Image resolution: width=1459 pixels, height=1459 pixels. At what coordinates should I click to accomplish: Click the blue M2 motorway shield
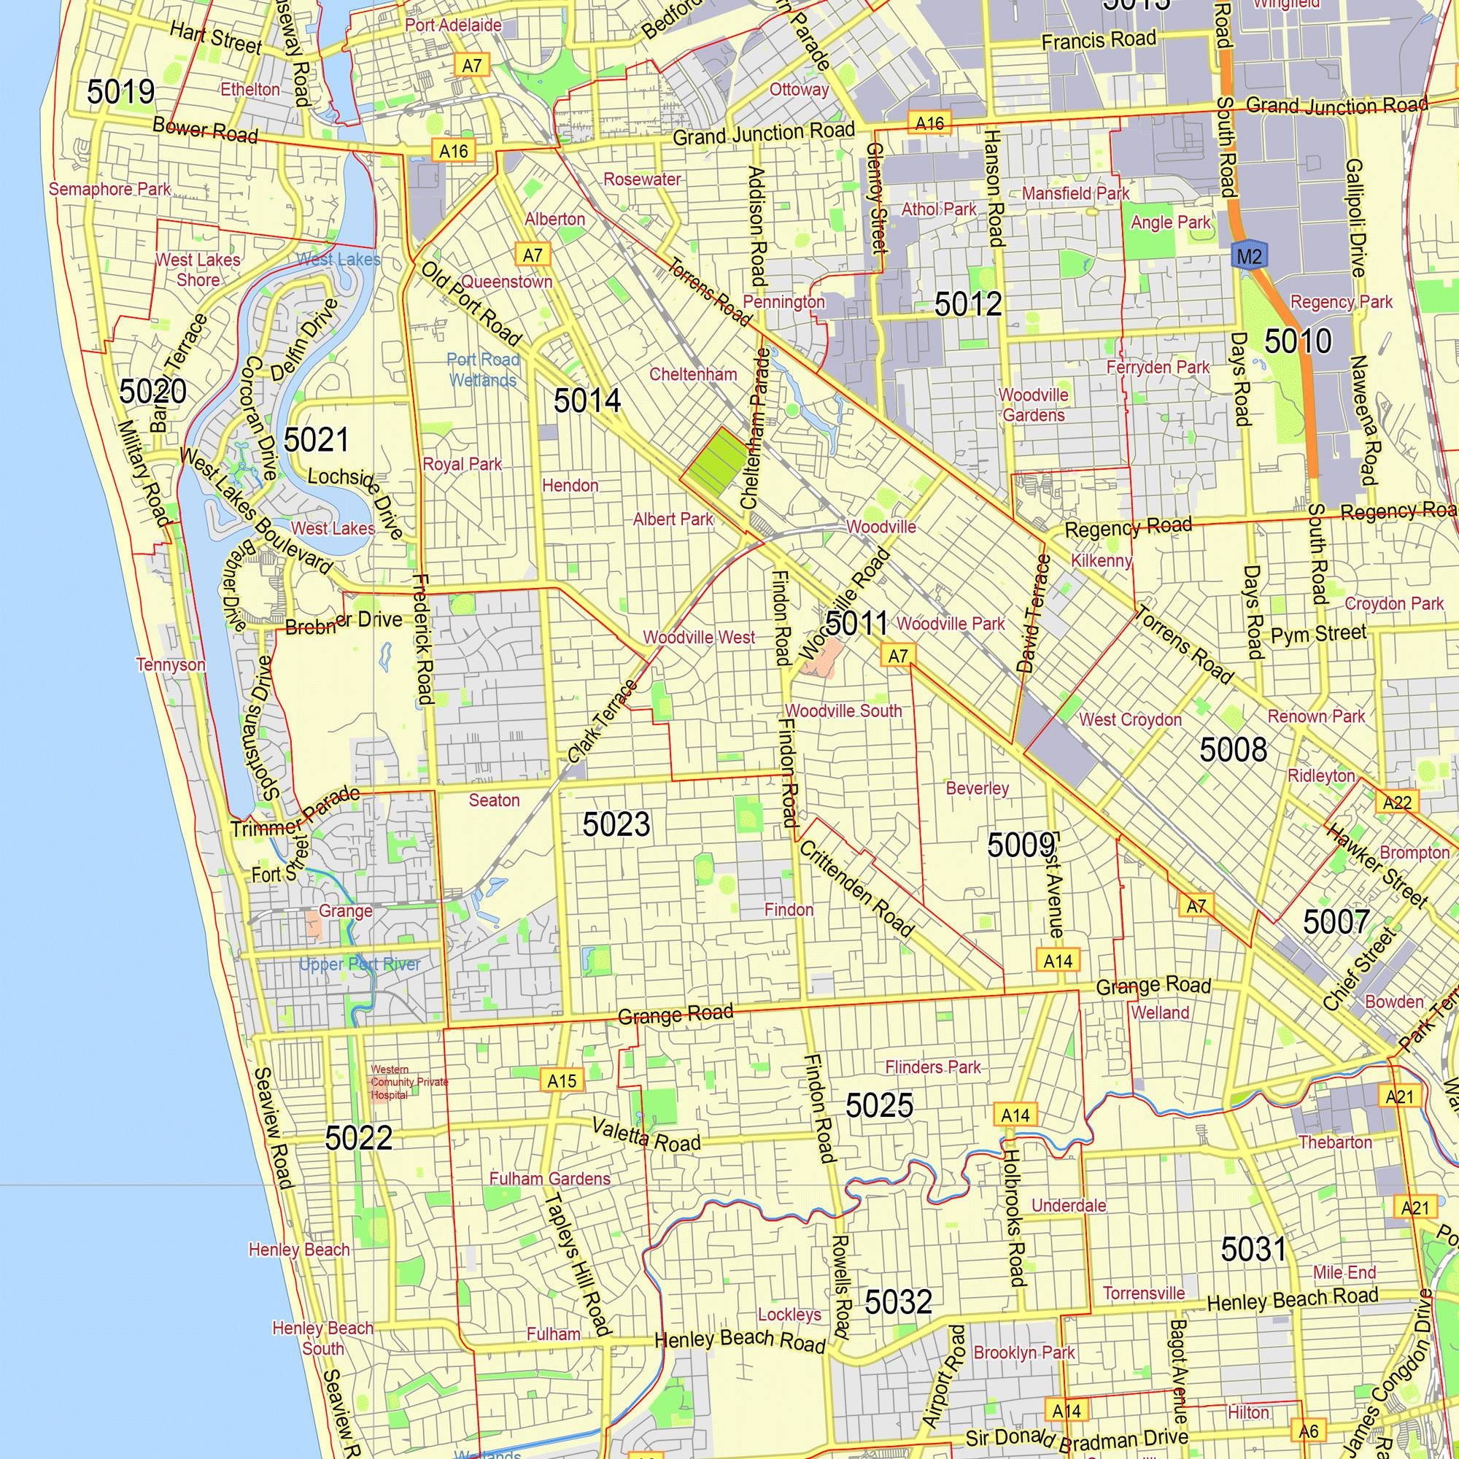coord(1249,256)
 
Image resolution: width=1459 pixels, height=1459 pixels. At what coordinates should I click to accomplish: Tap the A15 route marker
coord(562,1080)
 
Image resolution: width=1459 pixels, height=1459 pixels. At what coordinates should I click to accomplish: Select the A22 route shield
coord(1396,802)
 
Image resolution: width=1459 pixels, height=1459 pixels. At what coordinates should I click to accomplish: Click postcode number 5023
coord(616,824)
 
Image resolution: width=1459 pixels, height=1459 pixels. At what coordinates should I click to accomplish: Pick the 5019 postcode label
coord(120,92)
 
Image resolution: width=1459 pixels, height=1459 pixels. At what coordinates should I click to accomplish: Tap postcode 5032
coord(898,1302)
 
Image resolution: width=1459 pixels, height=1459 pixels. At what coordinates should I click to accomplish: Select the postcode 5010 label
coord(1297,341)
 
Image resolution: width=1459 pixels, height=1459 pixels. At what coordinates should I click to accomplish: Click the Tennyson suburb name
coord(171,665)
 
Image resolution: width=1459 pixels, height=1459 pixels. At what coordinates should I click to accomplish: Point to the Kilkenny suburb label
coord(1101,560)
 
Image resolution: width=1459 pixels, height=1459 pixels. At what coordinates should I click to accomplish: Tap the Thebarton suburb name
coord(1335,1142)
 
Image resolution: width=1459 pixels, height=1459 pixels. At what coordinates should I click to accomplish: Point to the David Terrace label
coord(1033,614)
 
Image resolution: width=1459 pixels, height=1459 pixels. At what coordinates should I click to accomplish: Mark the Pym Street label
coord(1318,634)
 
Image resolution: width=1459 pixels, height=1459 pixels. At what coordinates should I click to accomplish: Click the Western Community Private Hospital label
coord(408,1081)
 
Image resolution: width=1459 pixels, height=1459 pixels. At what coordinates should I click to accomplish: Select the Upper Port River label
coord(360,964)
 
